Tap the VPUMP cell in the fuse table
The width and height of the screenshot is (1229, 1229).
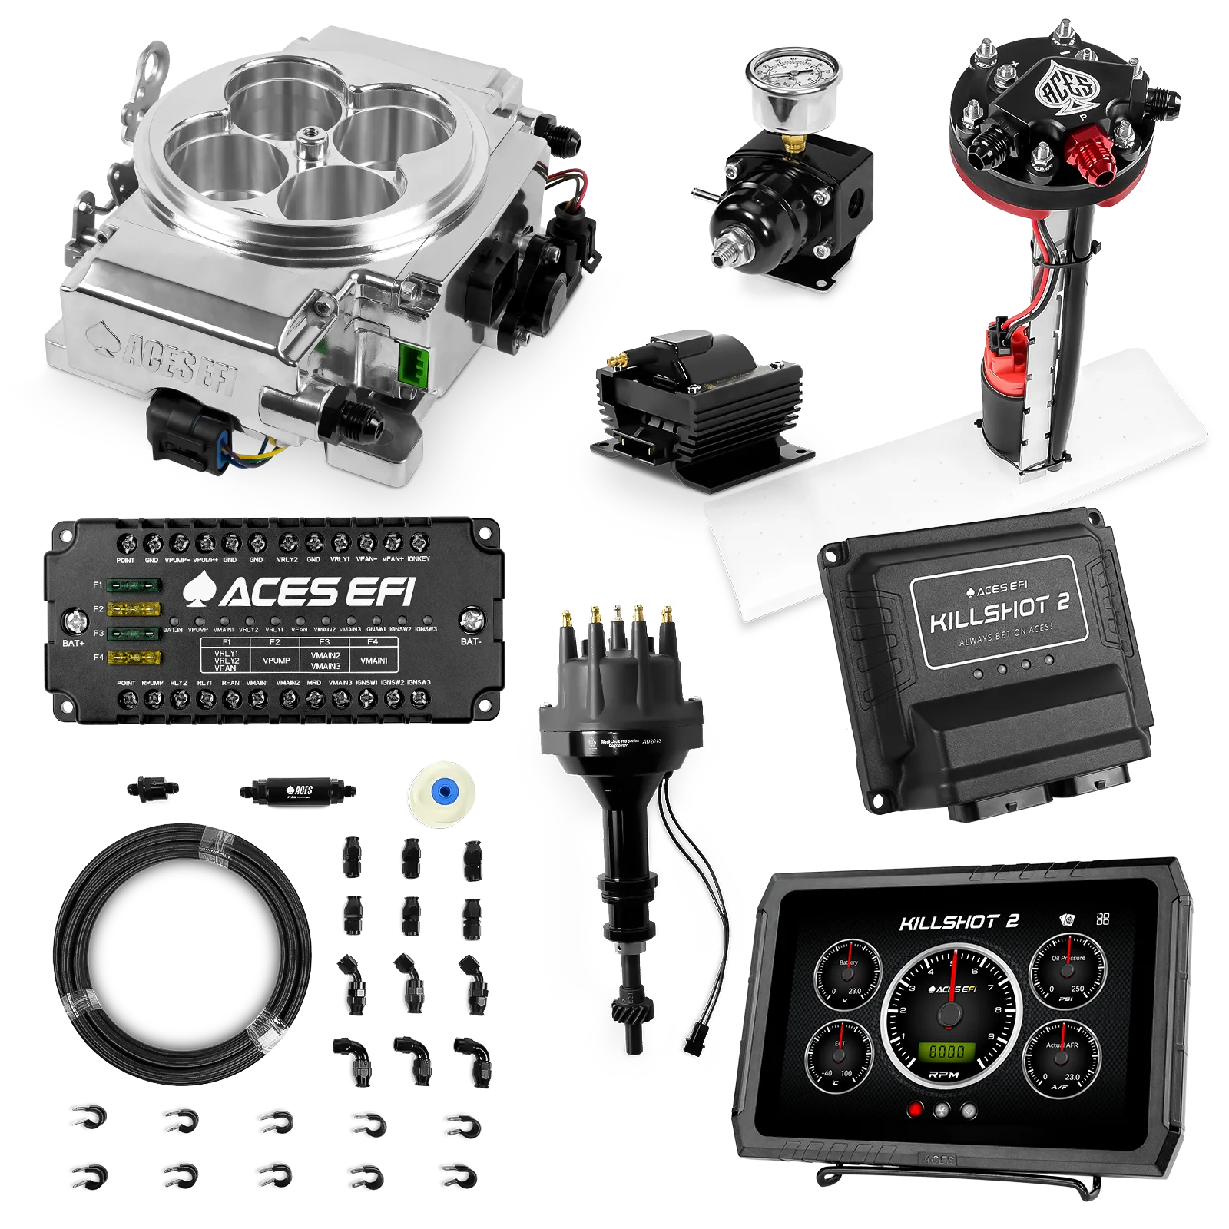[276, 660]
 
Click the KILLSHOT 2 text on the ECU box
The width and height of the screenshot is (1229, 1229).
[999, 612]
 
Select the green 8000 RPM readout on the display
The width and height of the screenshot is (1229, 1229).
[947, 1052]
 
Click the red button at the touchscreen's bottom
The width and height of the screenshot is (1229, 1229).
[915, 1110]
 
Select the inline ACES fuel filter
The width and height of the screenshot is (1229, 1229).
[295, 790]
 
